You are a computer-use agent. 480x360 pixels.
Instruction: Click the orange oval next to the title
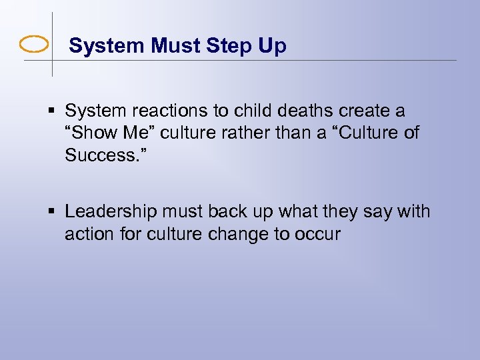pos(34,45)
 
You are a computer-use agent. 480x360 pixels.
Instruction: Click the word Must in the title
pos(175,46)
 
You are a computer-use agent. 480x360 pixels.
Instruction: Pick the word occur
pos(316,235)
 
